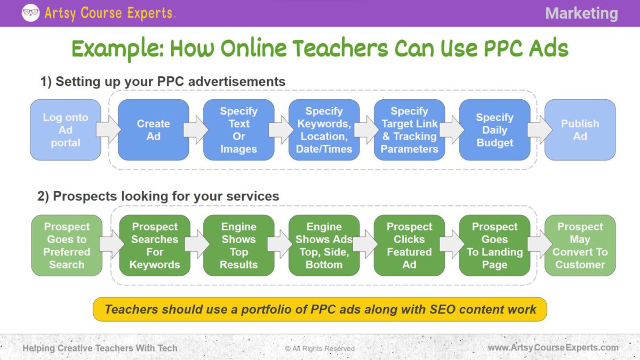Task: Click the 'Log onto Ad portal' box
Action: point(66,130)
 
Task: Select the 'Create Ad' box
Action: point(153,130)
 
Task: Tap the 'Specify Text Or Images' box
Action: point(238,130)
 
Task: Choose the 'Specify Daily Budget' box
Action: point(494,130)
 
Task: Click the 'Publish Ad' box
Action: point(580,130)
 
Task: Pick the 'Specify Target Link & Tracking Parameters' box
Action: point(409,130)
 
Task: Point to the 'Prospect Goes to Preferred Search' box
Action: point(67,245)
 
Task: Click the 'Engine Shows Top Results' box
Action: point(238,245)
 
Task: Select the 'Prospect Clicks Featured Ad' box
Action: point(409,245)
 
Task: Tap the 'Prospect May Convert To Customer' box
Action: point(580,245)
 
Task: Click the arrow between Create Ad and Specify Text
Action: point(196,130)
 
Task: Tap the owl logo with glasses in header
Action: point(30,13)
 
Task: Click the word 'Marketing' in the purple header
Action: point(581,13)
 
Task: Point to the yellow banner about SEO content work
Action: point(320,309)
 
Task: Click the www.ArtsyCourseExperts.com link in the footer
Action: point(553,348)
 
